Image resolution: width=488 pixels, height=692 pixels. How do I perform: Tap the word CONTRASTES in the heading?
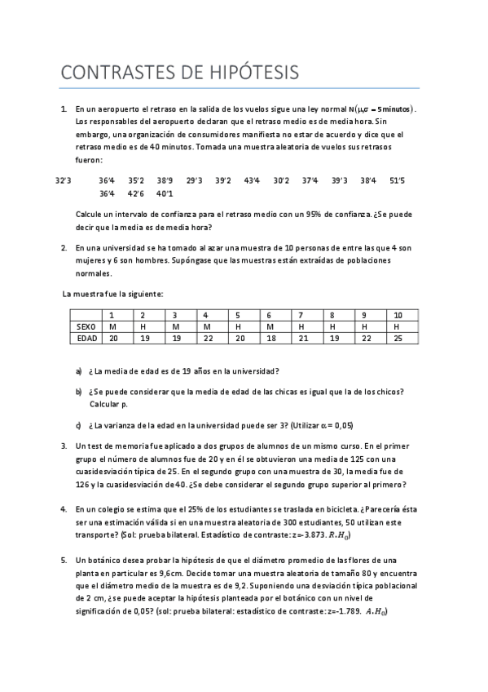121,73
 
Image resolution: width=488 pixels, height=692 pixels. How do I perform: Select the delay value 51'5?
398,180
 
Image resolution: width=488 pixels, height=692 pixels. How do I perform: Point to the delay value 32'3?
64,180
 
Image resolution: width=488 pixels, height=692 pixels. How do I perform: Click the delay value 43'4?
253,180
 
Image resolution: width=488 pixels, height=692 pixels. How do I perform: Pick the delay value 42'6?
135,193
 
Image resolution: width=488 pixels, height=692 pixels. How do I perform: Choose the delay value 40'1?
165,193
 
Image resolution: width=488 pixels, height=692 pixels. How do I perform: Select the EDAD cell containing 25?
398,338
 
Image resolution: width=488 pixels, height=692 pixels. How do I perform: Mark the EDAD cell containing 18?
270,338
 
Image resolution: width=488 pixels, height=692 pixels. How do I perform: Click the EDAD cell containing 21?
301,338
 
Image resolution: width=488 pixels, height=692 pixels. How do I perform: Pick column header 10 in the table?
398,315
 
